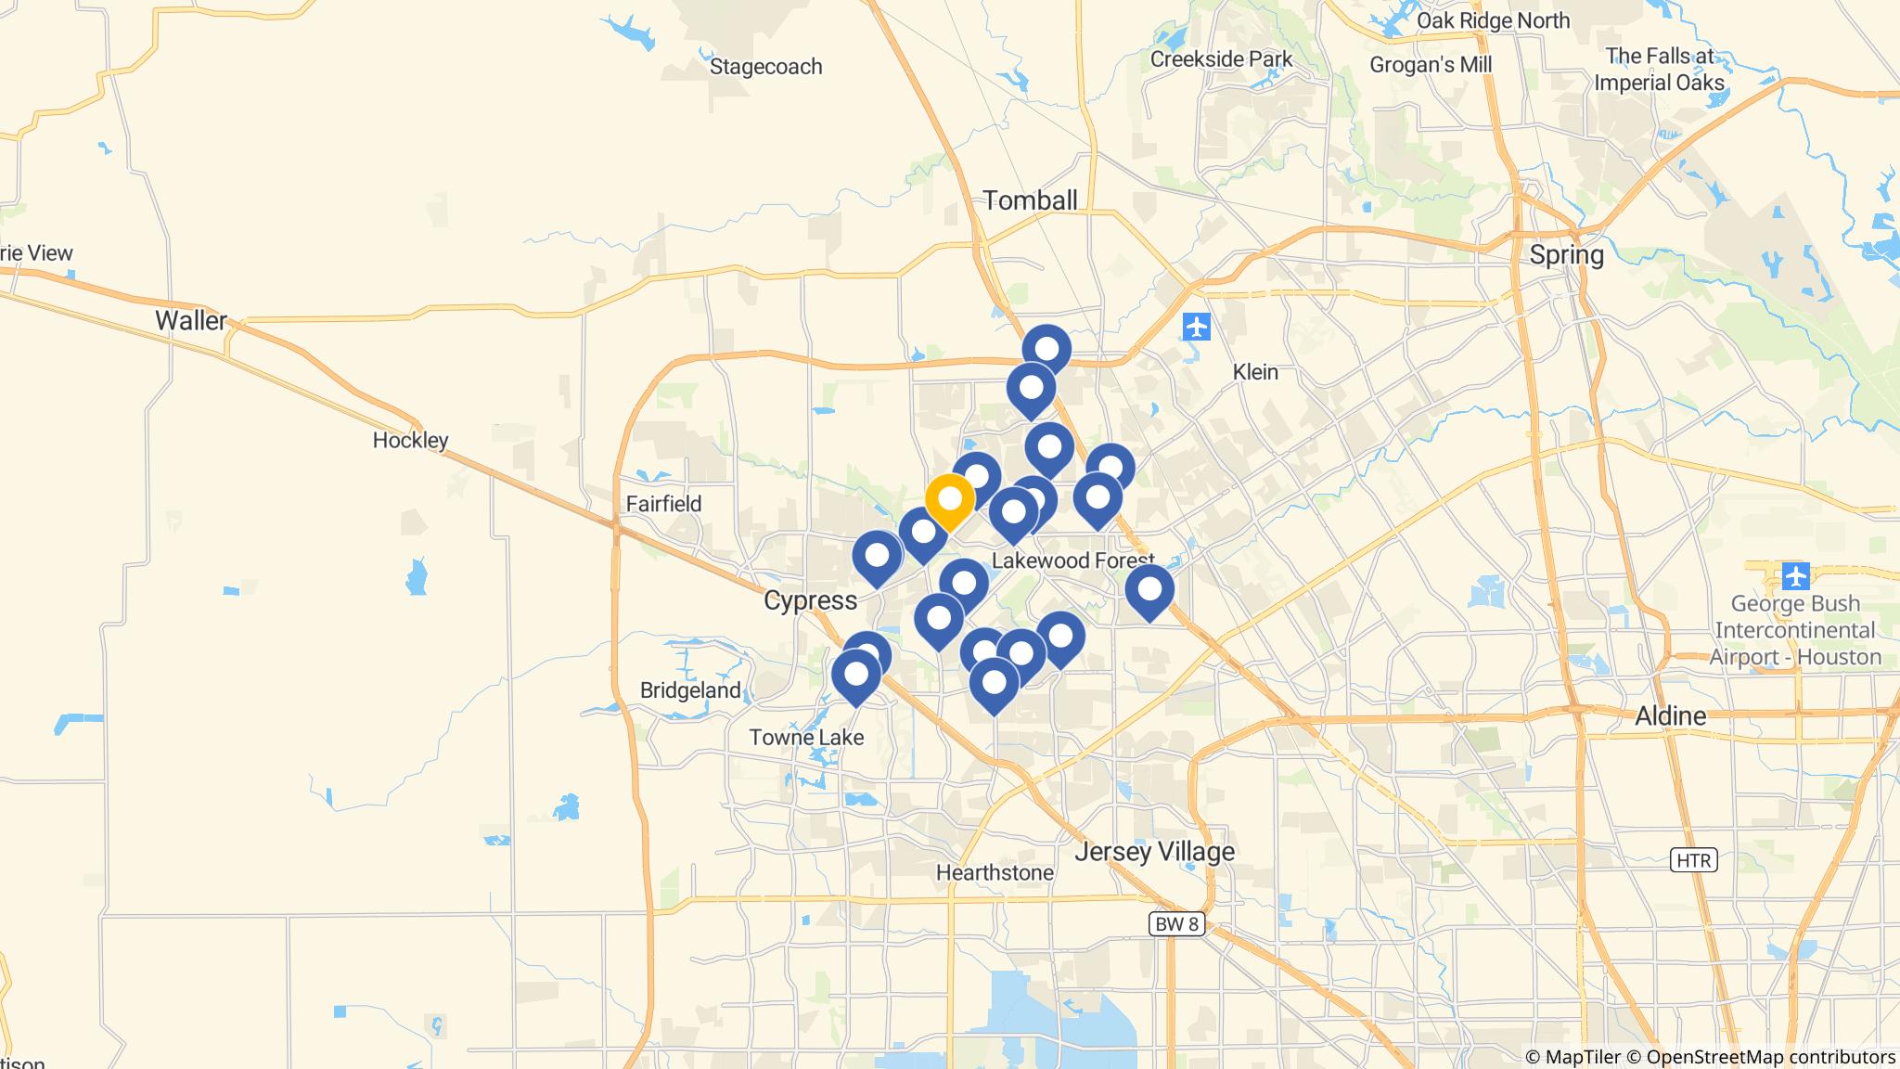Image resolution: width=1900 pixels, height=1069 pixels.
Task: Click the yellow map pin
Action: (949, 500)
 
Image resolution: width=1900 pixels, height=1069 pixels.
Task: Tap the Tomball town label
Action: (1030, 200)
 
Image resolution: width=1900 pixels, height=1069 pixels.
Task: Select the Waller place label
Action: (190, 321)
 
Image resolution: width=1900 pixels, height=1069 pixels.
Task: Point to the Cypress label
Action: (810, 600)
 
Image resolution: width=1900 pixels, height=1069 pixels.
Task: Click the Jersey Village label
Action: (1154, 851)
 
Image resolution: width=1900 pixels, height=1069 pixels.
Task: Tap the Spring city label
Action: (1566, 255)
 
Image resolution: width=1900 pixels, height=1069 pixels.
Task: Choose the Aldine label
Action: (1670, 715)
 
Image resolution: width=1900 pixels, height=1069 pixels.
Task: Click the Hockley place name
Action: (410, 440)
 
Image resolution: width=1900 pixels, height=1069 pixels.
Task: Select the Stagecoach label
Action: (765, 67)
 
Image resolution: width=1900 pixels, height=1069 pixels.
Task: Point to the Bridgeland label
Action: (690, 690)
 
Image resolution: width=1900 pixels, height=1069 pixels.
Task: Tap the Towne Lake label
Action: (806, 738)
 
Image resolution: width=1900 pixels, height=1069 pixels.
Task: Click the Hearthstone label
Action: (995, 872)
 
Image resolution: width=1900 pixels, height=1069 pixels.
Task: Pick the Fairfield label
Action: (663, 504)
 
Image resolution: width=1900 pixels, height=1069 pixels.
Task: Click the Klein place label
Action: (1255, 372)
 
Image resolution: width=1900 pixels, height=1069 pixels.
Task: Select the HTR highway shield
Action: (1693, 860)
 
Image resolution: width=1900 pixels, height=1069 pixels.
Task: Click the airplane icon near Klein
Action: (1197, 328)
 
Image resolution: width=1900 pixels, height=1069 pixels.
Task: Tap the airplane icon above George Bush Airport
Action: (1796, 575)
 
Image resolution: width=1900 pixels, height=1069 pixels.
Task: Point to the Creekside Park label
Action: (1221, 59)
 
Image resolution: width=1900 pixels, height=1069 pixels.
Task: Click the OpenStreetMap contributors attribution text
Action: (1770, 1057)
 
